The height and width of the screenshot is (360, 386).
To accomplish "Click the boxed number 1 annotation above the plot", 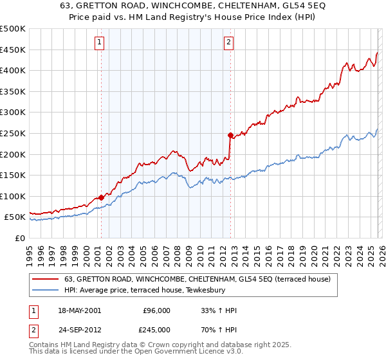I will click(x=100, y=43).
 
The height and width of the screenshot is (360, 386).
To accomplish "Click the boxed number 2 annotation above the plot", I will click(x=228, y=43).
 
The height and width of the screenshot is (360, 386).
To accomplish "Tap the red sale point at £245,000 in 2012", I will click(x=230, y=136).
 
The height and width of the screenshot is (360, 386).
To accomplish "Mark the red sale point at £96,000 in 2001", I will click(x=101, y=198).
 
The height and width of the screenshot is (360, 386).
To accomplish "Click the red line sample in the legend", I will click(x=46, y=279).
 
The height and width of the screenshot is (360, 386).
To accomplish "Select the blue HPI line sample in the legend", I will click(x=46, y=290).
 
